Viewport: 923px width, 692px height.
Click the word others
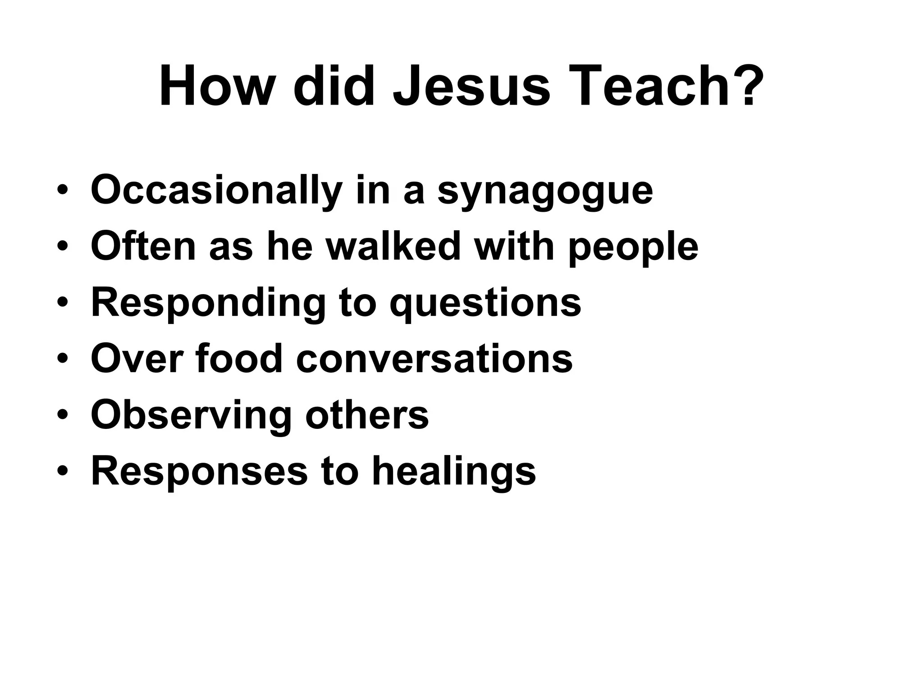pyautogui.click(x=367, y=415)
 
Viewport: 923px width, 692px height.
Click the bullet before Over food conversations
pyautogui.click(x=63, y=359)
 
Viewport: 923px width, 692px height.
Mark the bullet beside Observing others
pyautogui.click(x=63, y=415)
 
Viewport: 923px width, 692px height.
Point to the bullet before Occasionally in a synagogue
pyautogui.click(x=63, y=190)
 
